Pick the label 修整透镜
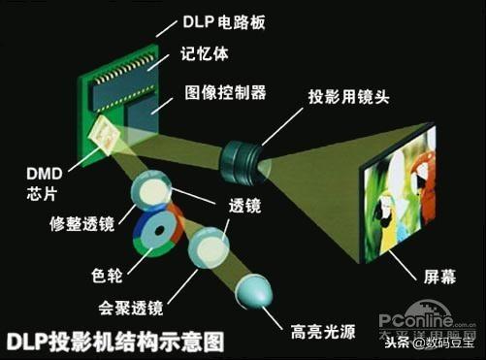(81, 225)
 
